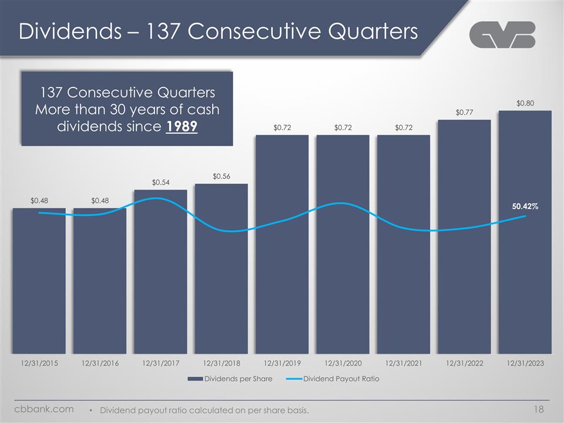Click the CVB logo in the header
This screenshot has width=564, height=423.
(502, 35)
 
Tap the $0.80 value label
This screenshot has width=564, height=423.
(525, 103)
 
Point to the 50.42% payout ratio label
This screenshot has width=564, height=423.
(525, 207)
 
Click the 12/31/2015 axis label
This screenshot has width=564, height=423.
(39, 364)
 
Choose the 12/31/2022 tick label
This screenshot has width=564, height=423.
(464, 364)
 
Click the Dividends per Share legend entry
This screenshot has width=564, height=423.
(230, 379)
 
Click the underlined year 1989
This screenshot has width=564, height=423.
(182, 127)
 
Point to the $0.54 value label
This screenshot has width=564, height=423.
(160, 183)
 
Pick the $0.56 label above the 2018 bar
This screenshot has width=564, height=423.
(221, 176)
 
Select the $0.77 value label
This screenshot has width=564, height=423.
(464, 112)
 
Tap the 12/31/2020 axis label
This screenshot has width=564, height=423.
(343, 364)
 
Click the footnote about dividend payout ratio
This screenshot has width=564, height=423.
(204, 409)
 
